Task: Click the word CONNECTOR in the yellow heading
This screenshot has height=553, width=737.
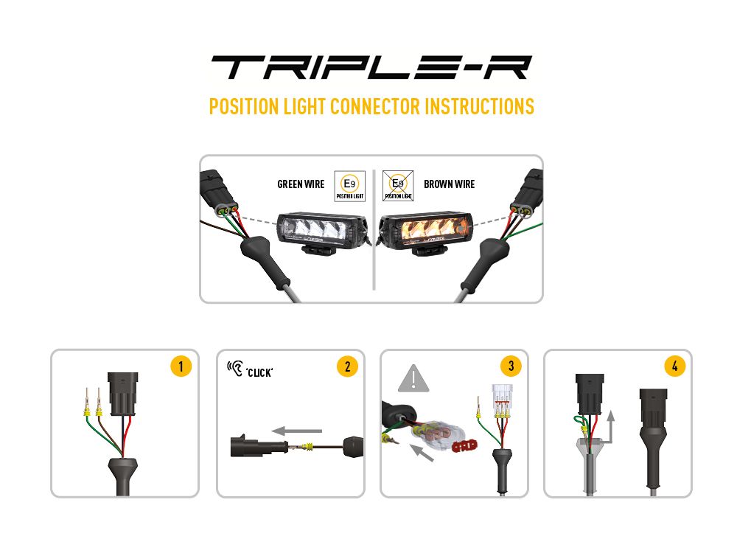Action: coord(375,106)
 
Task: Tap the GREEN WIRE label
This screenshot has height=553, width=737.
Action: coord(301,184)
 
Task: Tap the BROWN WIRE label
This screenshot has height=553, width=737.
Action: coord(450,184)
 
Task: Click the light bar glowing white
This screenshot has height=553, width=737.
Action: coord(322,223)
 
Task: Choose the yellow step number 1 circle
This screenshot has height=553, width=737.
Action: coord(181,366)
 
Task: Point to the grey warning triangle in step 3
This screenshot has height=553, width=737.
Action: coord(414,378)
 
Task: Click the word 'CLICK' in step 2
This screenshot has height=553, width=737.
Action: coord(260,372)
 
